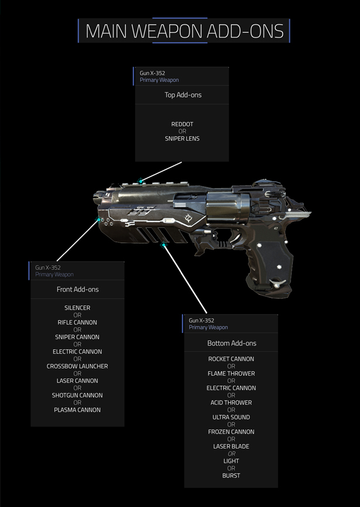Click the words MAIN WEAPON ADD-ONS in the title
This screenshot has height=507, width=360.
coord(184,31)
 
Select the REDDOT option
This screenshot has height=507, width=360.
coord(182,124)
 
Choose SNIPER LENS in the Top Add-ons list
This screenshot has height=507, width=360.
coord(182,138)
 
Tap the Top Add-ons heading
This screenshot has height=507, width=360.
coord(183,95)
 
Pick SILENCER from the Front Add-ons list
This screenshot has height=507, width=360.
coord(77,308)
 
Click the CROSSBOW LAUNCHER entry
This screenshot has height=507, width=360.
coord(77,366)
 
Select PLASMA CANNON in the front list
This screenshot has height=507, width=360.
coord(77,409)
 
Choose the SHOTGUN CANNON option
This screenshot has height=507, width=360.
coord(77,395)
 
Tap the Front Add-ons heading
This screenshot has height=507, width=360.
coord(78,289)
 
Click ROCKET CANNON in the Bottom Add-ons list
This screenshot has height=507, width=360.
coord(231,359)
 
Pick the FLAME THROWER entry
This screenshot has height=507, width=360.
coord(231,373)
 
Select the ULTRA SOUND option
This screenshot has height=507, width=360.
coord(231,417)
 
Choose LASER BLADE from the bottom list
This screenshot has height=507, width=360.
coord(231,446)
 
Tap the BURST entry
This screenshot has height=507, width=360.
coord(231,475)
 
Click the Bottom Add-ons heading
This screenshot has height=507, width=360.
coord(231,343)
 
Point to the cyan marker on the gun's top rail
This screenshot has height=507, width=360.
coord(141,182)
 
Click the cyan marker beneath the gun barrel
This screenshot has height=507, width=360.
coord(164,245)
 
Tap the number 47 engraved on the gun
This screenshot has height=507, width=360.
coord(276,228)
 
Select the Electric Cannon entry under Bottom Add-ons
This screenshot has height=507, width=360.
coord(231,388)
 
